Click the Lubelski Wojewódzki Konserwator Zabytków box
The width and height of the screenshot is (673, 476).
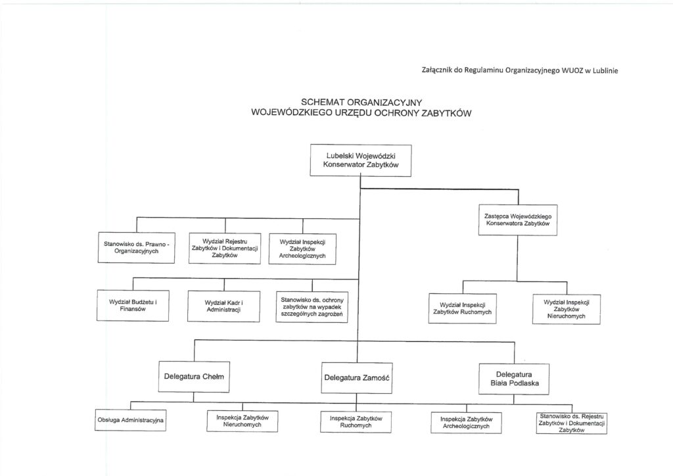[360, 160]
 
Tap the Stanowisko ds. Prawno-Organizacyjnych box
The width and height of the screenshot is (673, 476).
[136, 247]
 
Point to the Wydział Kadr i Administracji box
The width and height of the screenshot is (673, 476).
[223, 306]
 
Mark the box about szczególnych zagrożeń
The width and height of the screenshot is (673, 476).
[308, 306]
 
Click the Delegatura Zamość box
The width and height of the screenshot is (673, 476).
[357, 377]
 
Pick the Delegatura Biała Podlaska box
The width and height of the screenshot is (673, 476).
[513, 377]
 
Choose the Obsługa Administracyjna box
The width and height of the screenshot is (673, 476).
[131, 419]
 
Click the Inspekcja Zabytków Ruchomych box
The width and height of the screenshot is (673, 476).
[356, 421]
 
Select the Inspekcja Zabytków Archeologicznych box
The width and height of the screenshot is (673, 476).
[466, 421]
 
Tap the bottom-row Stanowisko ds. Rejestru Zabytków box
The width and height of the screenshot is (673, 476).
[570, 423]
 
